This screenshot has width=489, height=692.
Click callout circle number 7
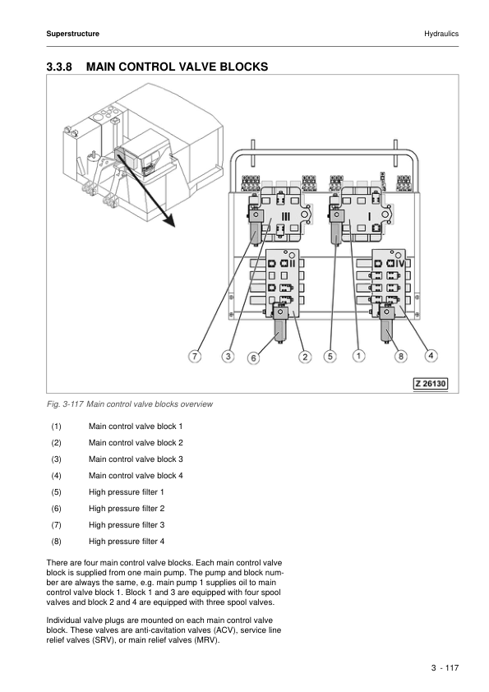coord(195,356)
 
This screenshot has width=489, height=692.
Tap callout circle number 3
coord(228,356)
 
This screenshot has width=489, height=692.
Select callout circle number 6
coord(253,358)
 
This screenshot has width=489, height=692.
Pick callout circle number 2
coord(305,357)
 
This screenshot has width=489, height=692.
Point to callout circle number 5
coord(330,356)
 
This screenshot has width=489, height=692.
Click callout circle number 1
coord(358,356)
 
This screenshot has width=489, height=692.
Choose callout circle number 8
coord(400,356)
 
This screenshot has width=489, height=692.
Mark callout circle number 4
coord(431,355)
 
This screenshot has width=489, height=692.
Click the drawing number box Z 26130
coord(431,384)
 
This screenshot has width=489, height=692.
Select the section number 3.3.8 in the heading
coord(58,67)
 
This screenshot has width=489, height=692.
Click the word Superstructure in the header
coord(73,34)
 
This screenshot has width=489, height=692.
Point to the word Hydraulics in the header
coord(441,34)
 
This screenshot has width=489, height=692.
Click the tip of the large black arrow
coord(175,227)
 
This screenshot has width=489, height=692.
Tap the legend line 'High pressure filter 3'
coord(127,524)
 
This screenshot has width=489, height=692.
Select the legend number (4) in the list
coord(56,476)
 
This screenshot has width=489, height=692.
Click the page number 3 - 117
coord(445,667)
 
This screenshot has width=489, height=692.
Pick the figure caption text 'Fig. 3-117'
coord(65,404)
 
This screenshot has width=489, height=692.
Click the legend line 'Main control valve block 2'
coord(136,443)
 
